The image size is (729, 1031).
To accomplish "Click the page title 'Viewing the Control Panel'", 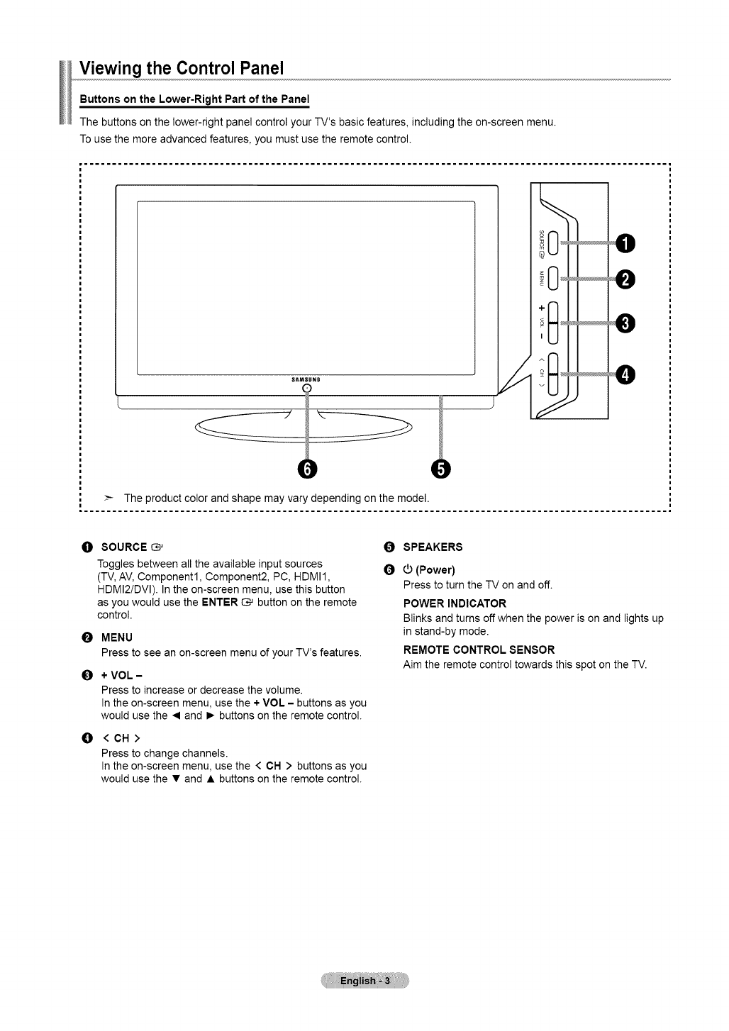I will tap(182, 68).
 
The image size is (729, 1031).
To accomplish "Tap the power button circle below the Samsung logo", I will tap(307, 388).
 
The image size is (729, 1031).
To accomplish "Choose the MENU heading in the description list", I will tap(117, 637).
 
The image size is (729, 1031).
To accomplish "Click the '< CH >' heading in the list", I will tap(121, 738).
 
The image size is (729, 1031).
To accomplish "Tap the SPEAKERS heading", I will tap(433, 547).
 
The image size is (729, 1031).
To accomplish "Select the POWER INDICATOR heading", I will tap(455, 603).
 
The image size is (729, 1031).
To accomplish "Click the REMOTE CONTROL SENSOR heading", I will tap(479, 650).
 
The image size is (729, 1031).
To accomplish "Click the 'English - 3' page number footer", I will tap(364, 981).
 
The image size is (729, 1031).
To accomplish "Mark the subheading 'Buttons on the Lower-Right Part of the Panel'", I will tap(195, 98).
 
